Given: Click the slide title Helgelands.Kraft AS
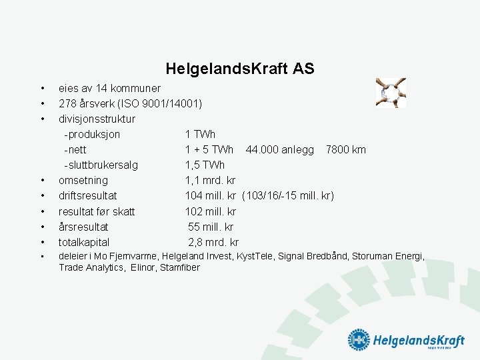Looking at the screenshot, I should pyautogui.click(x=240, y=69).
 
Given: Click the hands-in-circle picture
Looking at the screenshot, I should pyautogui.click(x=391, y=93).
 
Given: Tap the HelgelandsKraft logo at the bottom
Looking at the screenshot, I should pyautogui.click(x=406, y=340).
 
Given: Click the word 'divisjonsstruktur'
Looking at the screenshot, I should pyautogui.click(x=97, y=119).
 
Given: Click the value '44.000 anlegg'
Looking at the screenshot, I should pyautogui.click(x=279, y=149).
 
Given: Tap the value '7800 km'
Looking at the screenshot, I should pyautogui.click(x=345, y=149).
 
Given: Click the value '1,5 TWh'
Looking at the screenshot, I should pyautogui.click(x=205, y=165).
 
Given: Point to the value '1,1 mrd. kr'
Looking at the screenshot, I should pyautogui.click(x=210, y=180).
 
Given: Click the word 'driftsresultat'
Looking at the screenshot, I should pyautogui.click(x=87, y=195).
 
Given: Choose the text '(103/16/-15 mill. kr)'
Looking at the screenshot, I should pyautogui.click(x=288, y=195).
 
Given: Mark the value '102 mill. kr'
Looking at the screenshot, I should pyautogui.click(x=211, y=211).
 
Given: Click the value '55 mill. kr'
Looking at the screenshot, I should pyautogui.click(x=212, y=227).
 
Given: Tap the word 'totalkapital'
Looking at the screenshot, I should pyautogui.click(x=84, y=242).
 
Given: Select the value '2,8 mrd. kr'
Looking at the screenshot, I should pyautogui.click(x=213, y=242).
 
